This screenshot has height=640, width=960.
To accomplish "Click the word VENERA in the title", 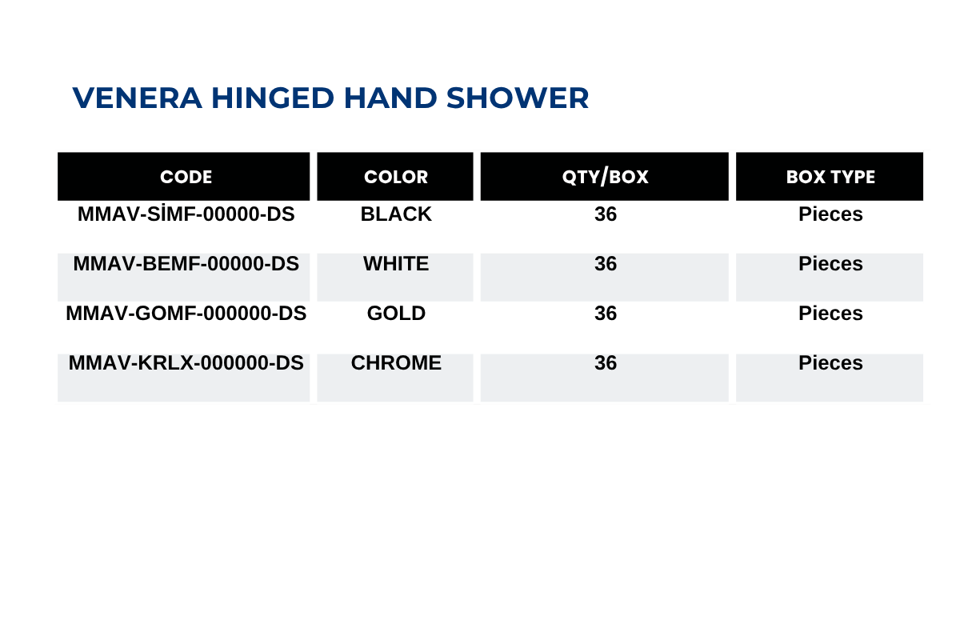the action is pos(137,98).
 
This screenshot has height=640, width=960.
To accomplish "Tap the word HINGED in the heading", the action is pos(273,98).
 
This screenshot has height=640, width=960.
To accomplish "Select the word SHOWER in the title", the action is pos(518,98).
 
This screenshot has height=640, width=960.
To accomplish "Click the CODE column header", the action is pos(186,177).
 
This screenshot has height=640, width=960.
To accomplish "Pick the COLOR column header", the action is pos(396,177).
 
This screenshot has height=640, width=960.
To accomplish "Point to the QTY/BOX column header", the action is pos(605,177).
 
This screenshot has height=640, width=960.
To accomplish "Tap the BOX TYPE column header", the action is pos(830,177).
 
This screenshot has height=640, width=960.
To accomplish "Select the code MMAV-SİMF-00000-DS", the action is pos(186,214).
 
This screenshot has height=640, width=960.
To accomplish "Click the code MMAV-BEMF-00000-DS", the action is pos(186,264).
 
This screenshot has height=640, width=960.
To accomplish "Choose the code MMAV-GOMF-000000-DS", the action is pos(186,314).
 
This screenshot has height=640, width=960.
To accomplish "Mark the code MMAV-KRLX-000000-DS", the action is pos(186,363).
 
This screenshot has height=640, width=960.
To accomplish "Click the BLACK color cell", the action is pos(396,214).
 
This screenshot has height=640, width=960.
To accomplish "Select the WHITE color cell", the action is pos(396,264).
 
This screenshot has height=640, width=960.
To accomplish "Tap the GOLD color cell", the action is pos(396,314).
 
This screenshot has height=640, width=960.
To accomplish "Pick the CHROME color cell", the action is pos(396,363).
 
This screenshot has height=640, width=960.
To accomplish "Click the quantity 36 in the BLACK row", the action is pos(605,214).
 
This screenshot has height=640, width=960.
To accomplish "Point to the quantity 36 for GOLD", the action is pos(605,314).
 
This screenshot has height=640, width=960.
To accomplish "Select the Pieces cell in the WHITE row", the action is pos(830,264).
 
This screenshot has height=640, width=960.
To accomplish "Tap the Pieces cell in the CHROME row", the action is pos(830,363).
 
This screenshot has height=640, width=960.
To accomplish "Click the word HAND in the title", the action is pos(390,98).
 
